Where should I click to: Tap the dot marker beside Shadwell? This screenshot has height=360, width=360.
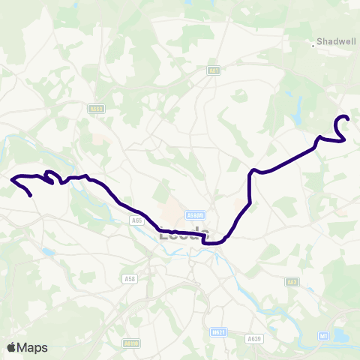pos(315,43)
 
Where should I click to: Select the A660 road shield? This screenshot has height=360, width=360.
pos(95,108)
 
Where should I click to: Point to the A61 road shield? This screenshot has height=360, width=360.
pos(214,70)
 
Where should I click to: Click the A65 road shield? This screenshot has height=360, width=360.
pos(136,220)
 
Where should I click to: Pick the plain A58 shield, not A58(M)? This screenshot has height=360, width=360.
pos(128,278)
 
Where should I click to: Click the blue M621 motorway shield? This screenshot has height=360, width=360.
pos(218,331)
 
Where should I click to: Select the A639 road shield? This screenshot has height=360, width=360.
pos(255,339)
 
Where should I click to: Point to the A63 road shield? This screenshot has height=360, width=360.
pos(292,281)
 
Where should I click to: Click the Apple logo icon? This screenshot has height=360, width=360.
pos(12,347)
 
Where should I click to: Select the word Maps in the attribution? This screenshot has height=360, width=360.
pos(33,347)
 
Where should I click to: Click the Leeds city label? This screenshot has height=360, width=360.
pos(181,235)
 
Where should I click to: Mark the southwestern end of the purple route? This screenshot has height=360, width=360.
pos(31,196)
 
